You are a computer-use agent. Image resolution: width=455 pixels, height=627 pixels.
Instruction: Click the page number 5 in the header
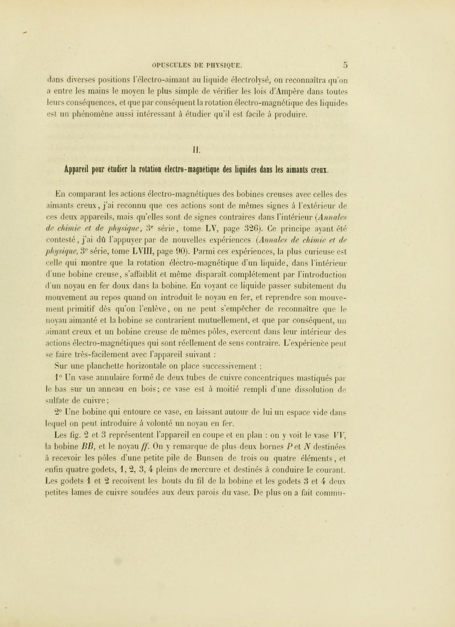point(345,65)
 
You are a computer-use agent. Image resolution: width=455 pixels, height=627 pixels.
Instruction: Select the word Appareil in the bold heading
point(77,169)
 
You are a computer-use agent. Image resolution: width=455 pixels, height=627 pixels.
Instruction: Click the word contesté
point(62,240)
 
